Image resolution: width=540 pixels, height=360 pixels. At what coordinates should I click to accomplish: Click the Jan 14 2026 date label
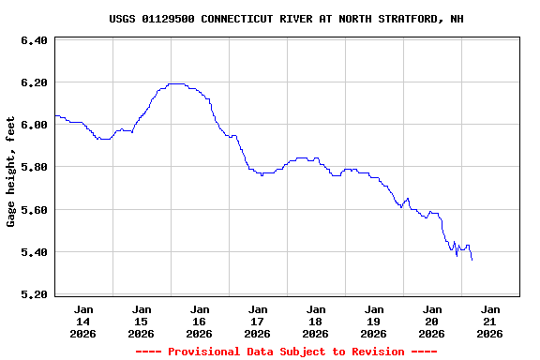pos(83,321)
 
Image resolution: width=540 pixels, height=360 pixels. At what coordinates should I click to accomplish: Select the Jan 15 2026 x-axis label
pos(142,321)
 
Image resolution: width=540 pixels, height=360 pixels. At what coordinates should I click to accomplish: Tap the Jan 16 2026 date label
pos(200,321)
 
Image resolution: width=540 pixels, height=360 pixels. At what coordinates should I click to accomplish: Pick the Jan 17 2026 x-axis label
pos(258,321)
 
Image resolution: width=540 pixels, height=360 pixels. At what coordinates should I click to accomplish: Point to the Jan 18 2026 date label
pos(316,321)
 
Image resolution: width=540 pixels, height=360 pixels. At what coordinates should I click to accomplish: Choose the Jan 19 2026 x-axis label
pos(374,321)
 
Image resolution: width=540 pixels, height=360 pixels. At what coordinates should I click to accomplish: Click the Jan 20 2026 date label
pos(432,321)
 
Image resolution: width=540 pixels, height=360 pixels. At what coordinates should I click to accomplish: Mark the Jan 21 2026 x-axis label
pos(490,321)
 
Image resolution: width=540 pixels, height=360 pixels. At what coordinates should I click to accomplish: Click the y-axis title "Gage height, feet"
pos(11,172)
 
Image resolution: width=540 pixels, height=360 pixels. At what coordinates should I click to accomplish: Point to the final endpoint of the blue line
pos(472,260)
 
